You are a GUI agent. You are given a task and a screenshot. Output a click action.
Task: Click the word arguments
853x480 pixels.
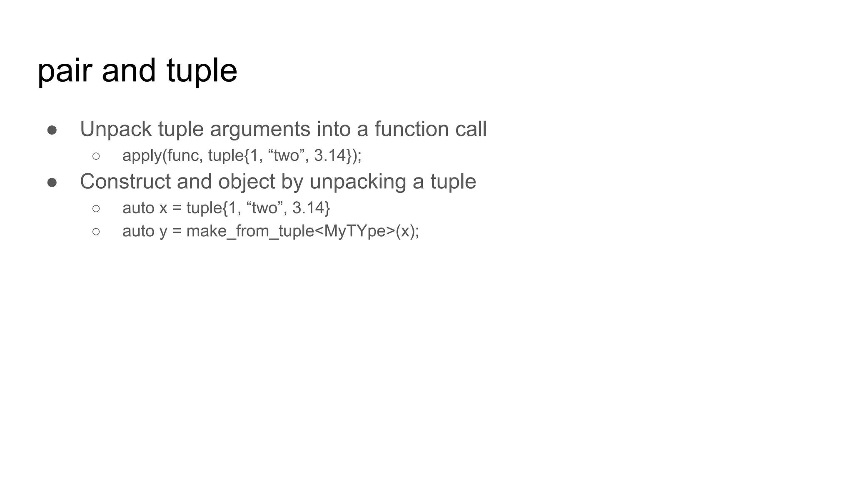pyautogui.click(x=260, y=129)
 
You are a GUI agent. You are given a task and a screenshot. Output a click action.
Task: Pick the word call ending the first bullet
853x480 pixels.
pyautogui.click(x=471, y=129)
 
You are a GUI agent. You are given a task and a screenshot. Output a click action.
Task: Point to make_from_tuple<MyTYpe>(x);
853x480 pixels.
pyautogui.click(x=302, y=231)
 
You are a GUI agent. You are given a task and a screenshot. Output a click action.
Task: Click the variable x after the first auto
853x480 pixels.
pyautogui.click(x=163, y=208)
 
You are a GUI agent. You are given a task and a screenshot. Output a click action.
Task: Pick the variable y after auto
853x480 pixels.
pyautogui.click(x=163, y=232)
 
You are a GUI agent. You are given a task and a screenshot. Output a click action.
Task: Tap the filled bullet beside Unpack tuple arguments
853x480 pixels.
pyautogui.click(x=52, y=130)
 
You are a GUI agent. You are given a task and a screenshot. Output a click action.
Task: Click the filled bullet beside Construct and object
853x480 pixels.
pyautogui.click(x=52, y=182)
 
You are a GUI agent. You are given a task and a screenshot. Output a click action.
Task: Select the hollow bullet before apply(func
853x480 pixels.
pyautogui.click(x=96, y=156)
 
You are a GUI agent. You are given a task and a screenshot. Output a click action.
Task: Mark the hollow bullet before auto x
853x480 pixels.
pyautogui.click(x=96, y=208)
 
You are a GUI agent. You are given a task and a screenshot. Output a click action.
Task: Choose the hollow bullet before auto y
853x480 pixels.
pyautogui.click(x=96, y=232)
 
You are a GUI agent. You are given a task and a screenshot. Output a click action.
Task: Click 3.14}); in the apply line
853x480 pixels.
pyautogui.click(x=338, y=155)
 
